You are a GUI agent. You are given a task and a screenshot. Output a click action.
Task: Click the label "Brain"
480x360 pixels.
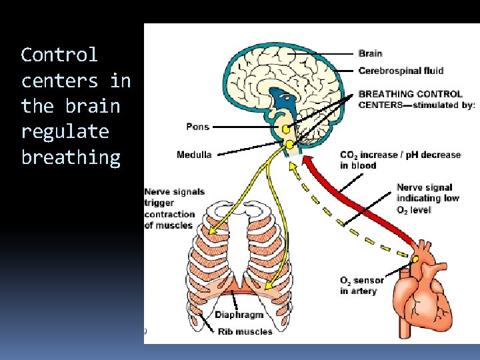(x=370, y=53)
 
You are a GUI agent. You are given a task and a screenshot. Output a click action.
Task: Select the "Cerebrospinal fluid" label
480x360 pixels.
(x=401, y=71)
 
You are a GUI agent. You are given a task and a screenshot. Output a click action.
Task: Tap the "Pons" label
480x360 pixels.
(x=197, y=127)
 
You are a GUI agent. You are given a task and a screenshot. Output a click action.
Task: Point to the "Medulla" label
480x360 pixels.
(x=194, y=155)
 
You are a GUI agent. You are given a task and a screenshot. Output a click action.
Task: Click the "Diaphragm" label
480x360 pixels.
(x=239, y=315)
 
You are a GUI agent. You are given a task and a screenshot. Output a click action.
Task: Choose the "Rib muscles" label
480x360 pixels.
(x=245, y=331)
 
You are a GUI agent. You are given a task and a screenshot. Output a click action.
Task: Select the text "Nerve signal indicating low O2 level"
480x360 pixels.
(x=424, y=199)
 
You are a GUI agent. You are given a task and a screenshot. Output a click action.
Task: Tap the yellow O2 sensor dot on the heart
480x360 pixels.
(x=414, y=258)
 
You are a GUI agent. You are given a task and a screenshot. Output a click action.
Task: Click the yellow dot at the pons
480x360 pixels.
(x=286, y=129)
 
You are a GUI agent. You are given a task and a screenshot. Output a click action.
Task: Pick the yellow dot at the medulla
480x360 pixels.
(x=290, y=144)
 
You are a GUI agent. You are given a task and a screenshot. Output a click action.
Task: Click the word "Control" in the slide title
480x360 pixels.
(x=59, y=55)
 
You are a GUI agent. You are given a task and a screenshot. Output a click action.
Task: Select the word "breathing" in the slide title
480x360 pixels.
(x=71, y=157)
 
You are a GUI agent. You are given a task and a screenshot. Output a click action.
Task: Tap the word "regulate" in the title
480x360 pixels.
(x=65, y=131)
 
